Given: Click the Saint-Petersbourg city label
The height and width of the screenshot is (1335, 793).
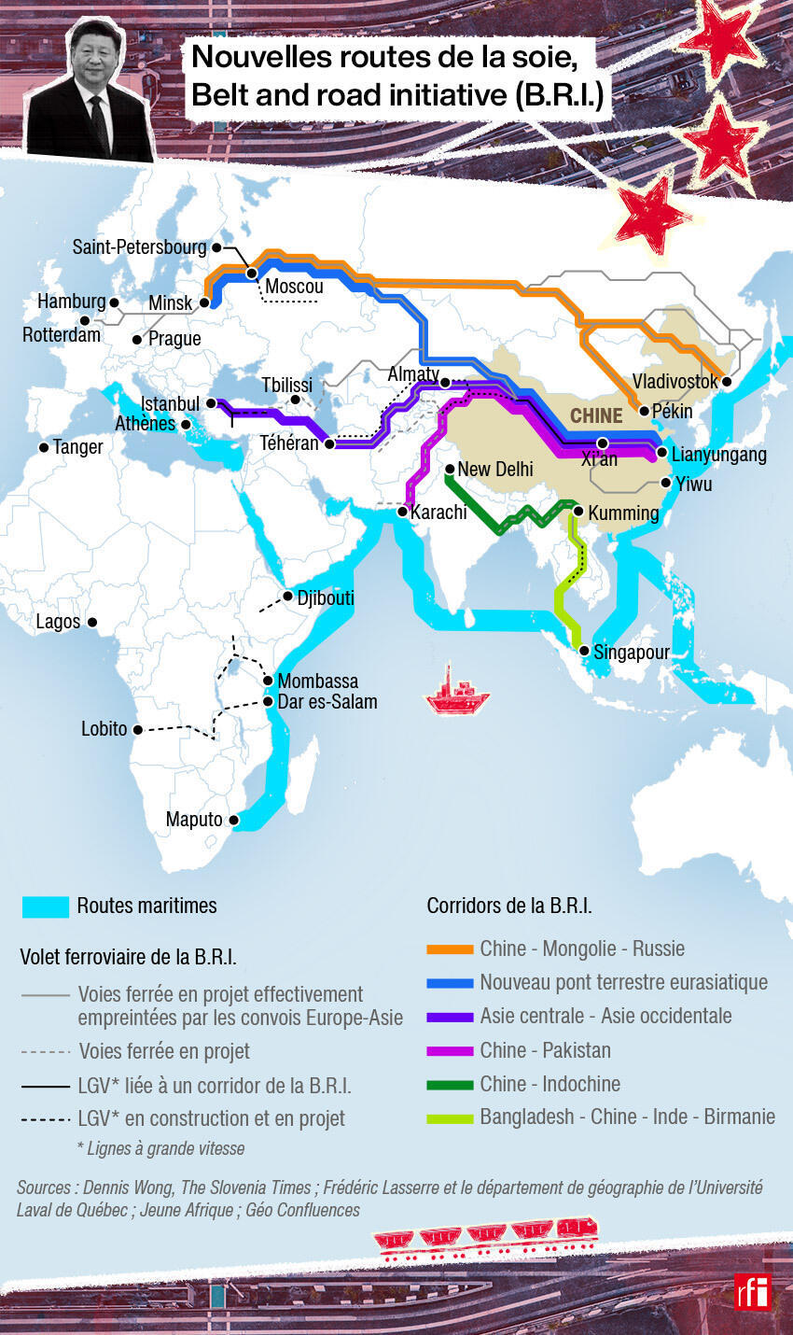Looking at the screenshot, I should click(139, 247).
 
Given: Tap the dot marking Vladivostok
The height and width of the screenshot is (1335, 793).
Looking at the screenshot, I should click(727, 382).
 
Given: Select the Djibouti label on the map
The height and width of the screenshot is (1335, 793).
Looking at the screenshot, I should click(325, 597).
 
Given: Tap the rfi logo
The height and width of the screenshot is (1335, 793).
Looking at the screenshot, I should click(753, 1291).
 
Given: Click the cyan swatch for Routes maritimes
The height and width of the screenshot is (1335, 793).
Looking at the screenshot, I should click(46, 906).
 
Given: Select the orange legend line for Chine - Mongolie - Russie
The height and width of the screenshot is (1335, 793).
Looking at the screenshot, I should click(450, 949).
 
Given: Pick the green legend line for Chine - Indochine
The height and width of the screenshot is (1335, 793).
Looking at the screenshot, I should click(450, 1085).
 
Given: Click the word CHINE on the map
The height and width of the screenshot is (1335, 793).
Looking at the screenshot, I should click(596, 415).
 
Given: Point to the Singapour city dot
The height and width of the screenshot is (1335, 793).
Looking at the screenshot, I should click(584, 652).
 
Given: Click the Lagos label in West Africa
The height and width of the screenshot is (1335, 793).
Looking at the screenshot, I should click(58, 622).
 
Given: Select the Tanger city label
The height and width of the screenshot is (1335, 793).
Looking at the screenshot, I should click(77, 447).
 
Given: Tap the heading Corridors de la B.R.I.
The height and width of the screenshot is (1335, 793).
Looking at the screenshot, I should click(509, 906).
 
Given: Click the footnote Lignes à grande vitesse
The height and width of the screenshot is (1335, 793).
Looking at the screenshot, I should click(160, 1149).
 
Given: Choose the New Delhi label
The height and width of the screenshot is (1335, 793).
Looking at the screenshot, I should click(495, 469).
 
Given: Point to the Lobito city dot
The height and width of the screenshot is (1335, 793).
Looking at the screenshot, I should click(138, 730).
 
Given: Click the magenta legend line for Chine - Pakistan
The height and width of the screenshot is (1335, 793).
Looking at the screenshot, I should click(450, 1051).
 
